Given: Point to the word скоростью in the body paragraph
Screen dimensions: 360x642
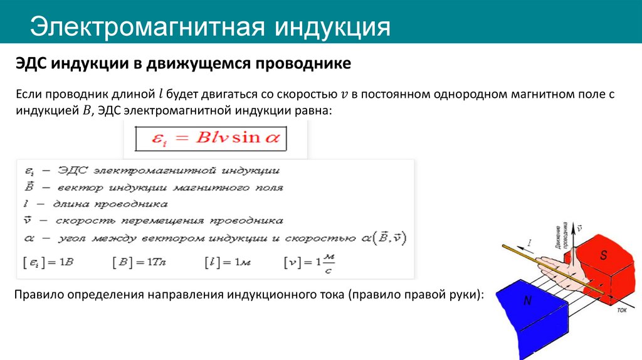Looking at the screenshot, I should pyautogui.click(x=305, y=95).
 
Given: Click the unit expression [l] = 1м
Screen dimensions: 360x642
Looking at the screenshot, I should pyautogui.click(x=226, y=262).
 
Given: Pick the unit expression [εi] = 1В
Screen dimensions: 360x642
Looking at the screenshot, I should pyautogui.click(x=48, y=262).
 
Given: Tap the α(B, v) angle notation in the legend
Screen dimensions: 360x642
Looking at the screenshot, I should pyautogui.click(x=384, y=238).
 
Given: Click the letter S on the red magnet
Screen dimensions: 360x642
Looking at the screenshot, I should pyautogui.click(x=604, y=255).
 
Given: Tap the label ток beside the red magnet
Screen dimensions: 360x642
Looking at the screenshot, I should pyautogui.click(x=622, y=310).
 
